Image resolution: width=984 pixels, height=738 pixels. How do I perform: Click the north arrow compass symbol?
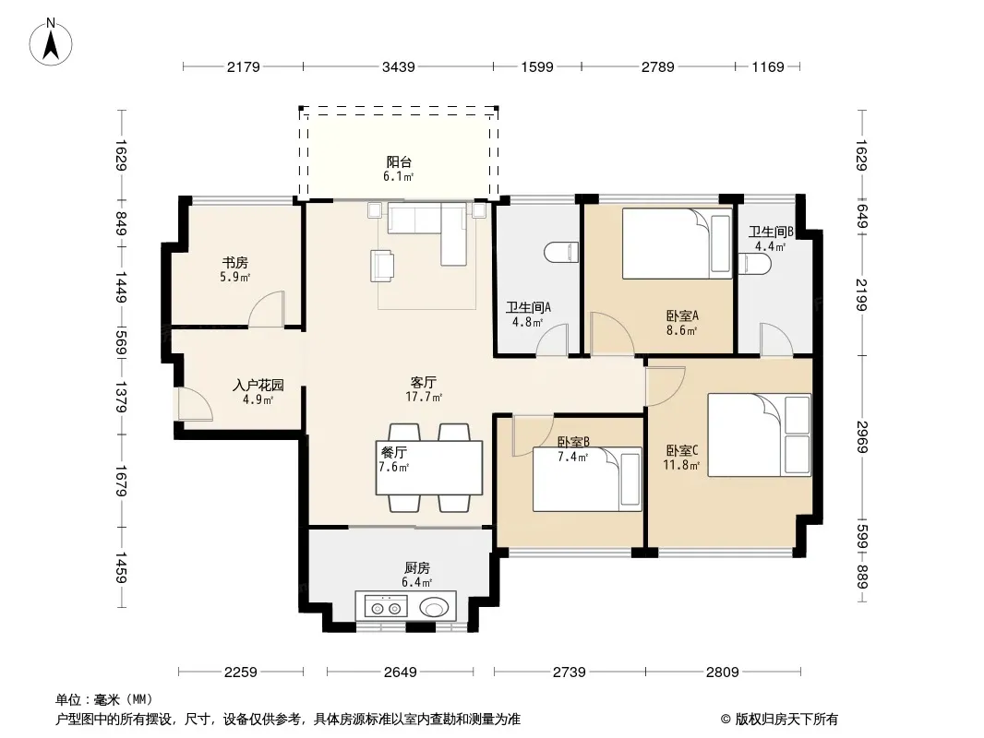click(x=51, y=42)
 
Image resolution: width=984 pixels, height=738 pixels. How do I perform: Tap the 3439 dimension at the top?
click(x=399, y=66)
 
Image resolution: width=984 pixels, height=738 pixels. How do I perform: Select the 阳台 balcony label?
click(x=399, y=161)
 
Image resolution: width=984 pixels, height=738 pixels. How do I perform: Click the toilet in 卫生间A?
click(x=561, y=253)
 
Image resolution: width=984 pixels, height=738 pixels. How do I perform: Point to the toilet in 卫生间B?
click(x=754, y=263)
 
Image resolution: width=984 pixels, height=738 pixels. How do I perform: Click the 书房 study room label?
click(x=234, y=262)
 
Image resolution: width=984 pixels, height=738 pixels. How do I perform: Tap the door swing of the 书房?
click(x=267, y=309)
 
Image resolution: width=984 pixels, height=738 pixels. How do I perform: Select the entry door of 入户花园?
click(x=195, y=404)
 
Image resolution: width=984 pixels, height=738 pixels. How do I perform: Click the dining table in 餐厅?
click(x=429, y=468)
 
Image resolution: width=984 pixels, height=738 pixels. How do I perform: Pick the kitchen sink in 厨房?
click(x=434, y=608)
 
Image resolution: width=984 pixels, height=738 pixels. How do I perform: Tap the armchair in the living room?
click(x=382, y=266)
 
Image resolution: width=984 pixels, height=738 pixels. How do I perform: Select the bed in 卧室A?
click(x=678, y=244)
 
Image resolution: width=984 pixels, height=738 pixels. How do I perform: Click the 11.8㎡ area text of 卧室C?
click(x=681, y=465)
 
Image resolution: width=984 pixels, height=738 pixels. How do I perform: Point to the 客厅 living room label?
click(x=423, y=382)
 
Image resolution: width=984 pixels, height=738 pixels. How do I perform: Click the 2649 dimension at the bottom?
click(x=400, y=673)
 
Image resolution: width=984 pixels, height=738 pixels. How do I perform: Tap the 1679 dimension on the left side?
click(x=121, y=481)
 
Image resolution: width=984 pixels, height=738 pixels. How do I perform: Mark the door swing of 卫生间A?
click(x=552, y=340)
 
